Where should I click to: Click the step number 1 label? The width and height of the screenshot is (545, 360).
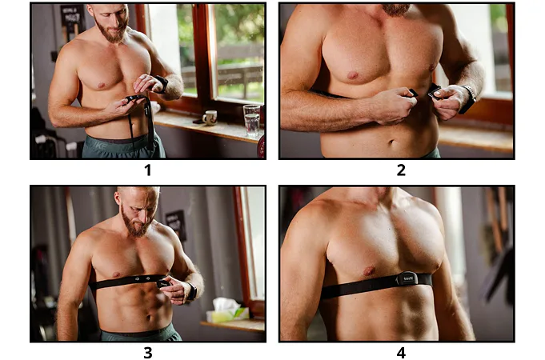tap(148, 170)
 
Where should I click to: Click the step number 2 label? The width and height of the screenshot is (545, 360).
tap(401, 170)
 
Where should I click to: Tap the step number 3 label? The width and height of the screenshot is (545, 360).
tap(148, 352)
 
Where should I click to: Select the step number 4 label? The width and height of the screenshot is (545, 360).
tap(401, 352)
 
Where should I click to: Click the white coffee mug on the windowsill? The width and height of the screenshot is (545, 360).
tap(210, 118)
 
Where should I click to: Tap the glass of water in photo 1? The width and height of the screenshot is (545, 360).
tap(251, 120)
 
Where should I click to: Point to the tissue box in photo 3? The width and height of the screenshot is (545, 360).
tap(227, 311)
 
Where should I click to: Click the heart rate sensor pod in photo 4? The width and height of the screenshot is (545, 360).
tap(406, 278)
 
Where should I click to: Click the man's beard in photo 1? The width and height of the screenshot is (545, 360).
tap(112, 31)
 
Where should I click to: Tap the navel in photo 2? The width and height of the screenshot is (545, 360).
tap(391, 142)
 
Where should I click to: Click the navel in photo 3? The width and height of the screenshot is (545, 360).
tap(149, 318)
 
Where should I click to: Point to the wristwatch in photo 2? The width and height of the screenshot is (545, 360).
tap(467, 99)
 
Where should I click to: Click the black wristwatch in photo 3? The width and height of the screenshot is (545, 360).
tap(191, 291)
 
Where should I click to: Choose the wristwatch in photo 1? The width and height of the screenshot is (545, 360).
tap(162, 84)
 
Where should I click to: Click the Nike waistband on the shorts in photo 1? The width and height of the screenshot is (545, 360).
tap(118, 143)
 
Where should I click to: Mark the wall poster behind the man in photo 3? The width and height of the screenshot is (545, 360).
tap(175, 225)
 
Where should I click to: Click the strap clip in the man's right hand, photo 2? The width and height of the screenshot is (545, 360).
tap(413, 93)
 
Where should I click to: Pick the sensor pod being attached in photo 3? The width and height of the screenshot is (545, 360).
tap(163, 283)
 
